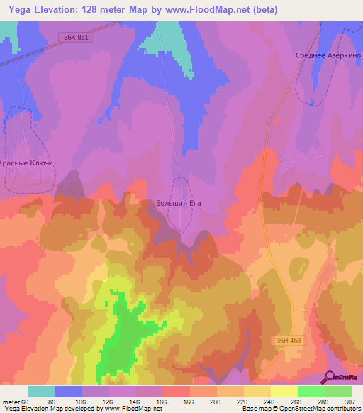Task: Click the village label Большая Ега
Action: click(179, 203)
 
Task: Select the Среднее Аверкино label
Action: click(324, 55)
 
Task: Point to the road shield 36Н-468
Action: click(289, 341)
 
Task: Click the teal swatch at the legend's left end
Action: click(42, 391)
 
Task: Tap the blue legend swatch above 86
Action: click(69, 391)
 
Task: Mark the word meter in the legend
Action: click(12, 402)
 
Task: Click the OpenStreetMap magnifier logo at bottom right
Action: click(331, 377)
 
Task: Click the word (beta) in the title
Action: click(261, 10)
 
